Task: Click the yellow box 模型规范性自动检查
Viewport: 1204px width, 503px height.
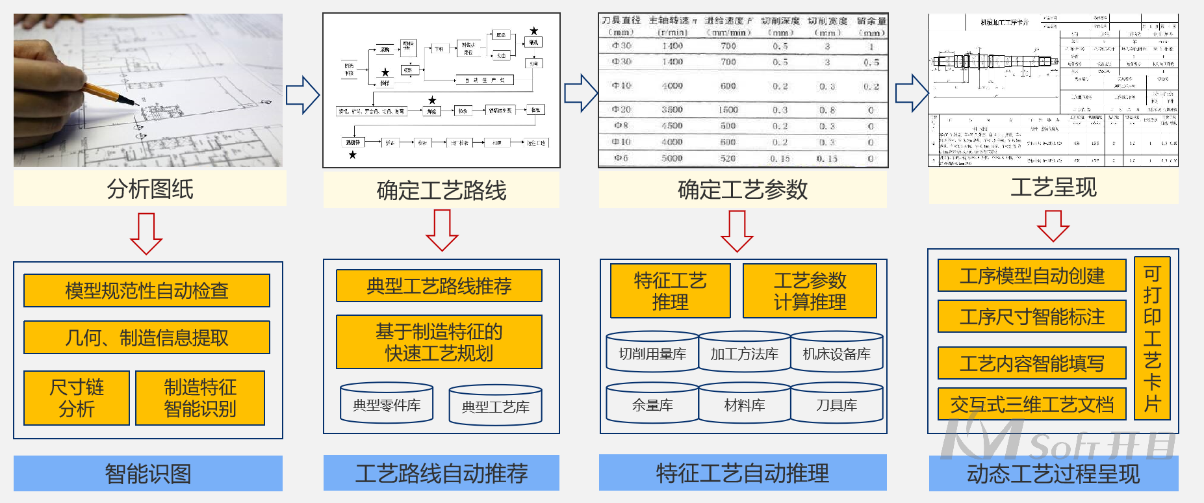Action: pyautogui.click(x=147, y=290)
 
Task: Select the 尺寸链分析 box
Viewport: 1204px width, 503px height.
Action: pyautogui.click(x=77, y=398)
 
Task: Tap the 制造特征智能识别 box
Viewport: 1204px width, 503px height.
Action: pyautogui.click(x=200, y=398)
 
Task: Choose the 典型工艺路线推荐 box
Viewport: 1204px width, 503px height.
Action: pyautogui.click(x=439, y=286)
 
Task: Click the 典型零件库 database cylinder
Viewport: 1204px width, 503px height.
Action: pyautogui.click(x=387, y=404)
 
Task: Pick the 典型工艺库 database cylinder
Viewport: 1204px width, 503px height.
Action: pyautogui.click(x=495, y=406)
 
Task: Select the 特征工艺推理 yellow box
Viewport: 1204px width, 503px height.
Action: pyautogui.click(x=670, y=291)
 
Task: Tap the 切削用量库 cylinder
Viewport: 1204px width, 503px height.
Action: pyautogui.click(x=652, y=354)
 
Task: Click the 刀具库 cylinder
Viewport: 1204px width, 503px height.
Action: pyautogui.click(x=837, y=405)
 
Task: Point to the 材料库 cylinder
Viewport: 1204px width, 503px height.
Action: pyautogui.click(x=745, y=405)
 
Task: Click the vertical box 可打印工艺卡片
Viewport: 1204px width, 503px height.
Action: pyautogui.click(x=1152, y=338)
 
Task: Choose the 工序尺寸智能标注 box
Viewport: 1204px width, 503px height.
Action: pyautogui.click(x=1032, y=316)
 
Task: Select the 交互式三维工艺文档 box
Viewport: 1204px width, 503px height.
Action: pyautogui.click(x=1032, y=404)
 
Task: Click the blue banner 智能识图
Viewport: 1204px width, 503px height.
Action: pyautogui.click(x=148, y=473)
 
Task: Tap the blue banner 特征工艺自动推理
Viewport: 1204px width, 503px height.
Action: pyautogui.click(x=743, y=472)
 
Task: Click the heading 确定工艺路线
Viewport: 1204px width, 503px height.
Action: pyautogui.click(x=441, y=190)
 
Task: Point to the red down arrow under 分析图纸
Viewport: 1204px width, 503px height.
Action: pyautogui.click(x=146, y=233)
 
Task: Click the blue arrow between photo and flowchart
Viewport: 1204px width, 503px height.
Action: pyautogui.click(x=302, y=95)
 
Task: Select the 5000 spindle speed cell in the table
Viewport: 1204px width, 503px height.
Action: pyautogui.click(x=672, y=158)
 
